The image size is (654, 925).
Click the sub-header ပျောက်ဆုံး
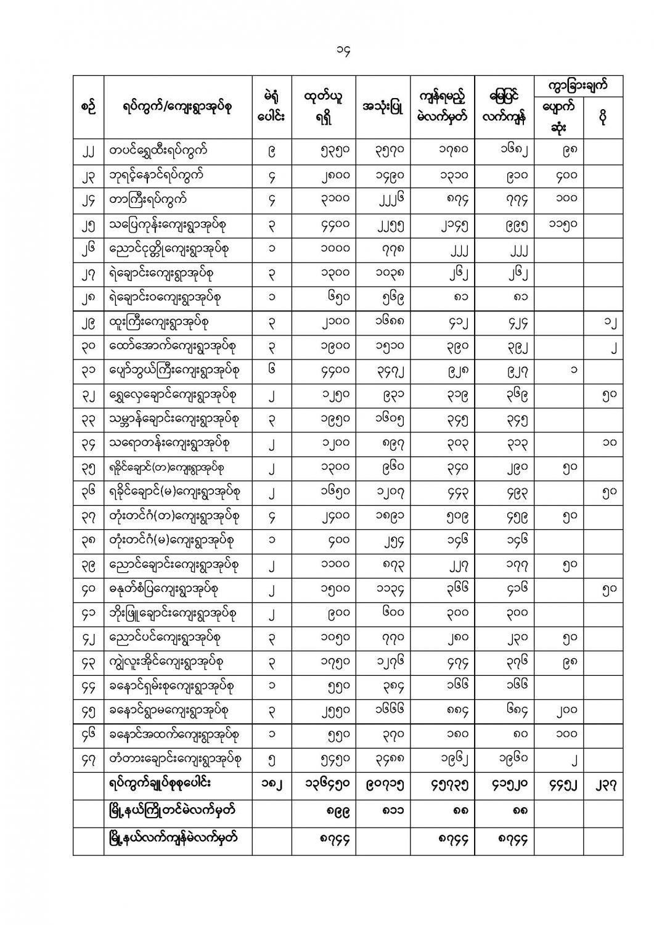coord(558,117)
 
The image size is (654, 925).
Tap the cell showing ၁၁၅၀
coord(558,225)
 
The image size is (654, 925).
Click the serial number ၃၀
coord(88,347)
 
